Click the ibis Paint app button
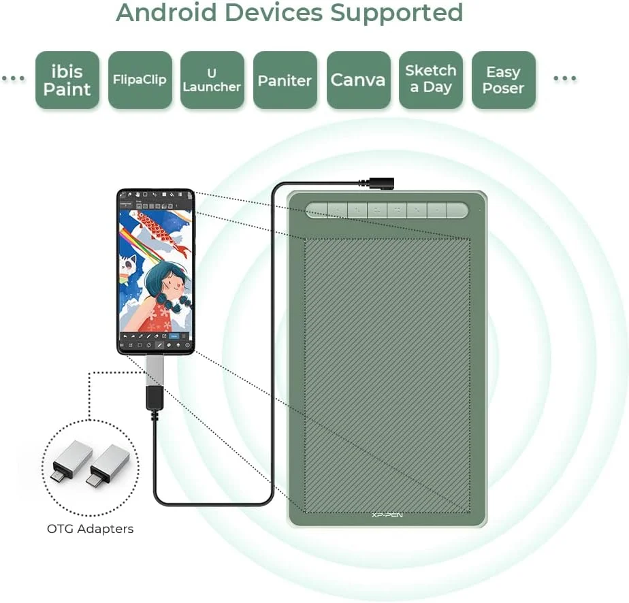(x=67, y=80)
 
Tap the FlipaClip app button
(x=140, y=80)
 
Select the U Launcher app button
(x=212, y=80)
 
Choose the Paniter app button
(x=285, y=80)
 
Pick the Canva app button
(x=358, y=80)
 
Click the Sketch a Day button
(x=430, y=80)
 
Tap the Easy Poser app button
(x=503, y=80)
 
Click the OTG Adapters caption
(x=91, y=528)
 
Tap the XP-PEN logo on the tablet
(x=387, y=515)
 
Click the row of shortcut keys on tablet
(x=387, y=210)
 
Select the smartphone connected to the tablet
(x=155, y=272)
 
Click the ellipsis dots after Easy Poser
(x=565, y=80)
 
